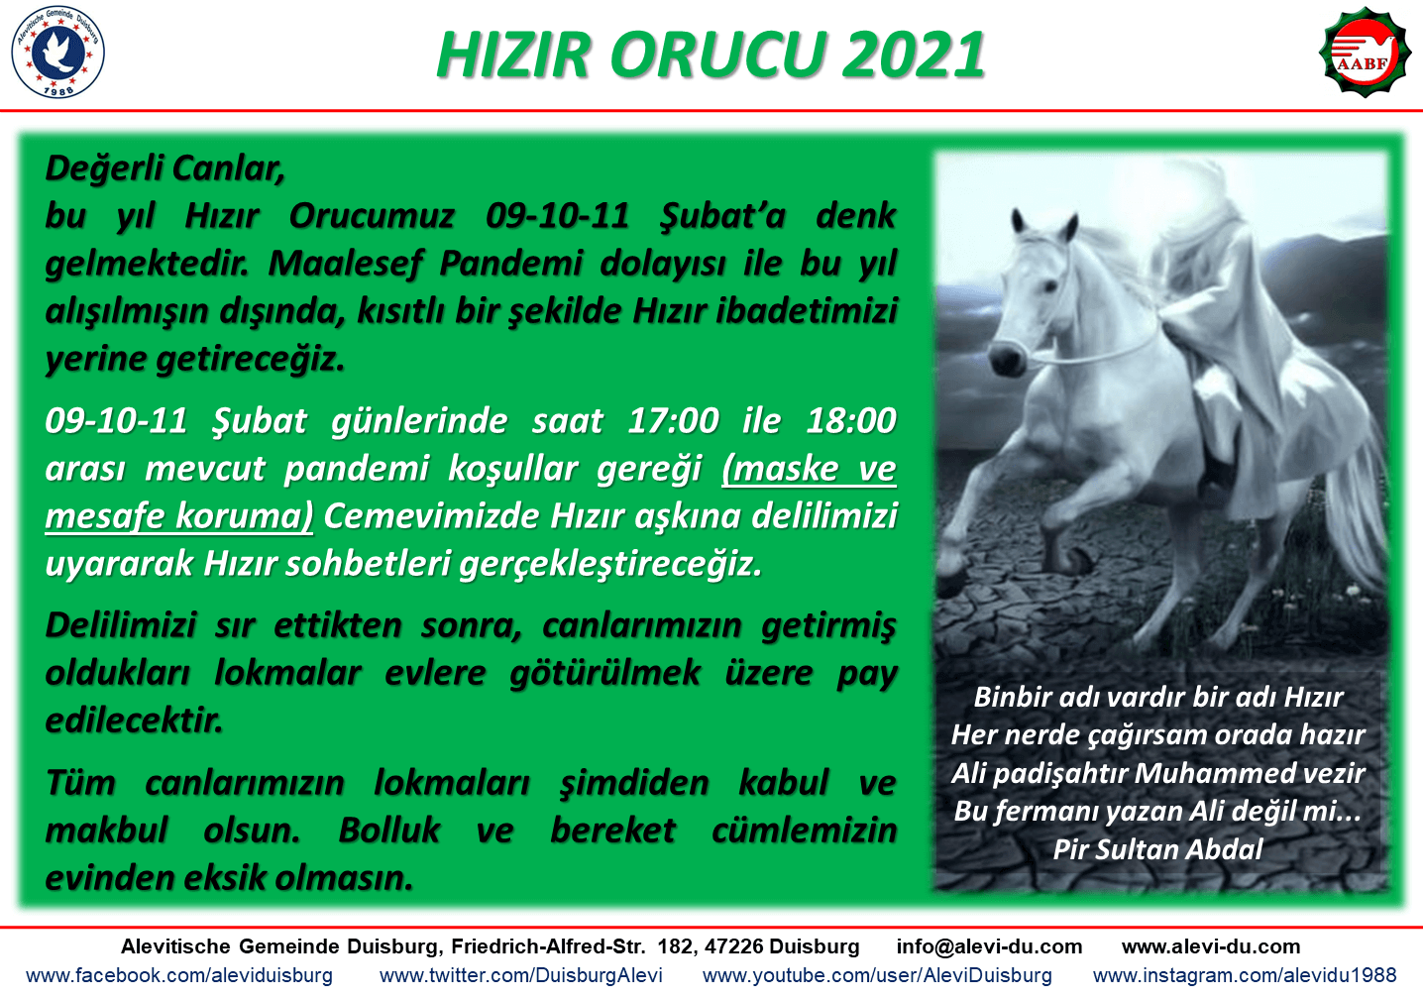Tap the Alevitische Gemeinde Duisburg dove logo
[57, 52]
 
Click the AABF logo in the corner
[1364, 52]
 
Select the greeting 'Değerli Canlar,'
[165, 168]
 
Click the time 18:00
[851, 420]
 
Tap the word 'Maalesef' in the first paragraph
[345, 263]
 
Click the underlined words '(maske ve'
[809, 469]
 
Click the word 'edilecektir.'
[134, 721]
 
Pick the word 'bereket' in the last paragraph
[613, 830]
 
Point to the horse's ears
[1044, 227]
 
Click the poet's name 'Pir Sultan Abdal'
[1157, 849]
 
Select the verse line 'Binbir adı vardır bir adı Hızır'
[1158, 697]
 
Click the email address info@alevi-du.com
[989, 946]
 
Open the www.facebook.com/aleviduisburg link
[179, 975]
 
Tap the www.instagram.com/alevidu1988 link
[1245, 975]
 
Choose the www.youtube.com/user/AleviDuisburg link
[877, 975]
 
